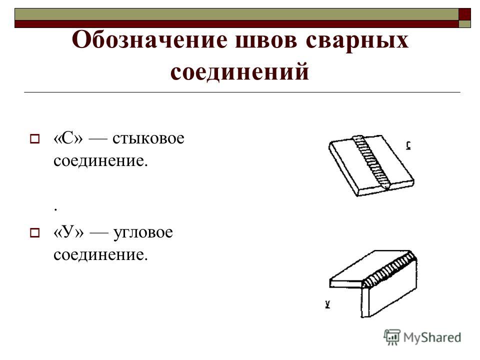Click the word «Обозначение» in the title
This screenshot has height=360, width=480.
(149, 40)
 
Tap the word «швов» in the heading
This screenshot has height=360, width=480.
(266, 40)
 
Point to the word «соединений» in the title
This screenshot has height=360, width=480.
(239, 71)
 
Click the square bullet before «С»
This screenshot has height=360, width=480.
(34, 139)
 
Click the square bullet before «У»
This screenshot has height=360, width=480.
(34, 233)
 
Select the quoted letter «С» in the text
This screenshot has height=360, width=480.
(68, 138)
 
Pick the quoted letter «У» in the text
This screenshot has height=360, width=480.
(68, 232)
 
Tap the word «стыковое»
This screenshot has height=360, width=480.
(148, 138)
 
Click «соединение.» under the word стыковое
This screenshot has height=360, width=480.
(100, 160)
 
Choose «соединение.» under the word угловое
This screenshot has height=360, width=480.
(100, 254)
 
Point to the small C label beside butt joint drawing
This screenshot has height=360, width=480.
(408, 145)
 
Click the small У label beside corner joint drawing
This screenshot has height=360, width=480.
(328, 304)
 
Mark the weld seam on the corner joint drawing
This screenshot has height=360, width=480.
(389, 269)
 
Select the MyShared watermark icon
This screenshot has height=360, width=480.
(392, 337)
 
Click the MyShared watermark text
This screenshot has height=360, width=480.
(432, 337)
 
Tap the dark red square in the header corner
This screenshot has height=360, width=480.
(464, 14)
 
